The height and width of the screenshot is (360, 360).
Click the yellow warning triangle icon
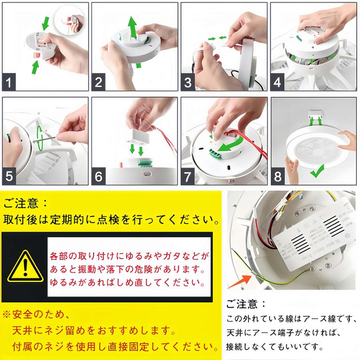[26, 267]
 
